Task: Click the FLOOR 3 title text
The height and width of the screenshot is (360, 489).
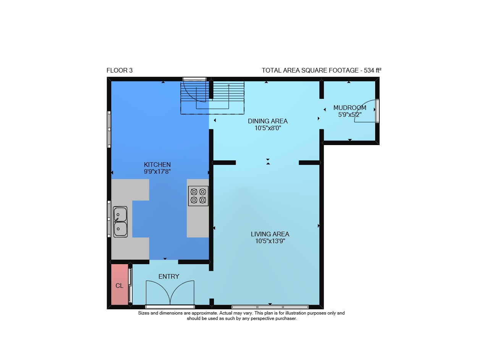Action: [x=120, y=71]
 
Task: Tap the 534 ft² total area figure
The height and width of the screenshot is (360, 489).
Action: [x=372, y=70]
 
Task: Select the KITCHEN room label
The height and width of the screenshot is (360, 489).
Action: [x=157, y=165]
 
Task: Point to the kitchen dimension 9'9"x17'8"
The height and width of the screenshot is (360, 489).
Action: [x=157, y=171]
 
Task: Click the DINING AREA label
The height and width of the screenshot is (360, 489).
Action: [x=268, y=121]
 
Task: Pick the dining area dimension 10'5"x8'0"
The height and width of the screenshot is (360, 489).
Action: [x=268, y=128]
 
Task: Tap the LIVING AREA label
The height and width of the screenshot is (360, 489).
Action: [x=270, y=234]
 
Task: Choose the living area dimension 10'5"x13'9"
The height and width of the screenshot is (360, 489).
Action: [x=270, y=241]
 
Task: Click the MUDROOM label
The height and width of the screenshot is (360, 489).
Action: [x=350, y=108]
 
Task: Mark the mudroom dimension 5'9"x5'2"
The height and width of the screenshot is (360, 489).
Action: [x=350, y=115]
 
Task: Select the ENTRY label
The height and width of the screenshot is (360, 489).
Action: [x=169, y=277]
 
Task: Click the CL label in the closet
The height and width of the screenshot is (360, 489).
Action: [x=120, y=286]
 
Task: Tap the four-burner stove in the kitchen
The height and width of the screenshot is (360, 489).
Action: [x=198, y=196]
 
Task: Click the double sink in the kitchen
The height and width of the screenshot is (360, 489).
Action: [x=120, y=222]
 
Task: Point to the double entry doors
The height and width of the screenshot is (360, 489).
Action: [x=170, y=294]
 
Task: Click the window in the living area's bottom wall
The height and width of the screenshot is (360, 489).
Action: [x=270, y=307]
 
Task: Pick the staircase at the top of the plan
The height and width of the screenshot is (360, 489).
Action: [x=212, y=98]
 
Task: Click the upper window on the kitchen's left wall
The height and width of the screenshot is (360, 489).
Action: [x=109, y=129]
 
